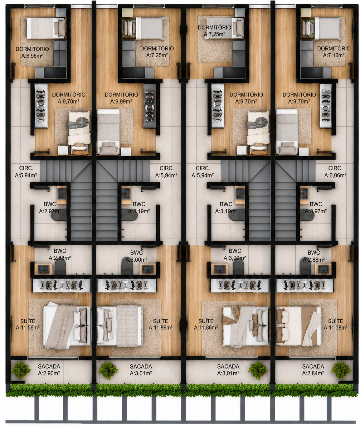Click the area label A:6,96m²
click(x=32, y=56)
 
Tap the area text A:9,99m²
click(x=121, y=101)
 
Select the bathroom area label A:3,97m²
click(x=316, y=211)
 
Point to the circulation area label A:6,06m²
click(x=335, y=175)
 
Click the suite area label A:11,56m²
click(x=28, y=327)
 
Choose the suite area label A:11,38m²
click(x=336, y=327)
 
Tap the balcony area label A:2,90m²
click(x=49, y=373)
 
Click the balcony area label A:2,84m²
click(x=313, y=373)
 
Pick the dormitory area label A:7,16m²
click(x=334, y=55)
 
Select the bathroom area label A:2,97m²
click(x=50, y=211)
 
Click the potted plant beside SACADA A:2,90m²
click(x=21, y=371)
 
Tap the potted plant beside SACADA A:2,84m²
click(x=341, y=371)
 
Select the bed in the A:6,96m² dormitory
click(x=46, y=28)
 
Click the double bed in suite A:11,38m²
click(x=298, y=326)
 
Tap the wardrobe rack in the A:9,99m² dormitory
click(x=149, y=106)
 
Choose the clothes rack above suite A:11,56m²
click(x=61, y=285)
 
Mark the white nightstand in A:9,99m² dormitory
click(x=126, y=151)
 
